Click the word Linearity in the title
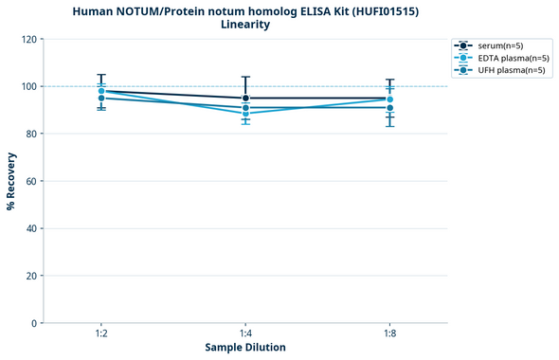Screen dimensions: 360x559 [244, 25]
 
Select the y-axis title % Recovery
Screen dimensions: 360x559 [11, 180]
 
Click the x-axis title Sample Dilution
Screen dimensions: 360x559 [245, 348]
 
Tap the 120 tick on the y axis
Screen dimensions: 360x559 [27, 39]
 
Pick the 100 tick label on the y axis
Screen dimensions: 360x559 [27, 86]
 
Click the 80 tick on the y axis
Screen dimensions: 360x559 [30, 134]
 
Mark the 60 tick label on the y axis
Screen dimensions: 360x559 [30, 181]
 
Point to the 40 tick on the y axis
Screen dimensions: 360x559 [30, 228]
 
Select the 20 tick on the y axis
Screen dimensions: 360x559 [30, 276]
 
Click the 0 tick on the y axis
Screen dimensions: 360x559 [33, 323]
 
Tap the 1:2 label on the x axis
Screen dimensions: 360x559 [101, 333]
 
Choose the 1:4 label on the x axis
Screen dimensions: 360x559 [245, 333]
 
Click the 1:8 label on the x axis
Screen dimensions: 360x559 [390, 333]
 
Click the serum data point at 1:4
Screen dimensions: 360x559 [245, 98]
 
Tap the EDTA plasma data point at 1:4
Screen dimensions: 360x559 [245, 114]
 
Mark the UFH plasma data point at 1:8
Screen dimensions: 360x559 [390, 107]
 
